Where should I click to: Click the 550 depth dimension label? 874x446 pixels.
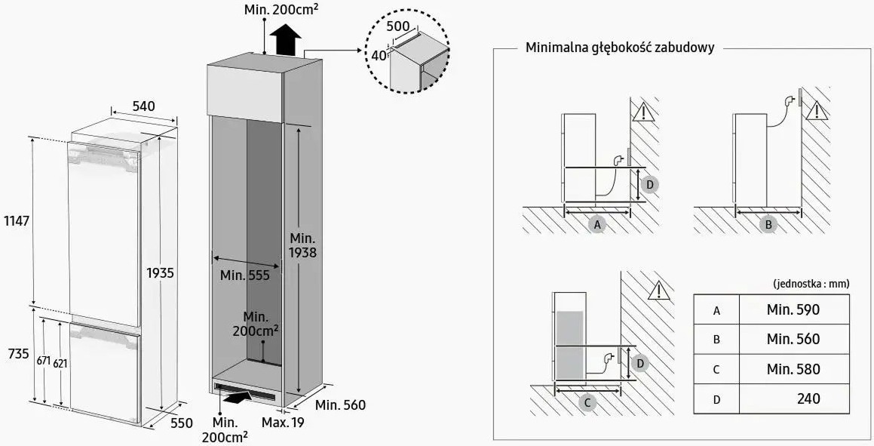point(181,423)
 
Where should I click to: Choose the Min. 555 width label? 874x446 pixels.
point(245,275)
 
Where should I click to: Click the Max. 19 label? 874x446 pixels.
point(283,423)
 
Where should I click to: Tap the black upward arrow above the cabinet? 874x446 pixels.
point(285,39)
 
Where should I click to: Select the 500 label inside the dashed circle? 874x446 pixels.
point(397,26)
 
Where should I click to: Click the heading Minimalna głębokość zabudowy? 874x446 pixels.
point(619,48)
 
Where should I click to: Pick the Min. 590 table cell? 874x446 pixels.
point(793,309)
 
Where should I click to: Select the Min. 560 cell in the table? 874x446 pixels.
point(793,339)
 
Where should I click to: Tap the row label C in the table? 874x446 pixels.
point(716,369)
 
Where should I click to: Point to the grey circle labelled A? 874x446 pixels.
point(597,224)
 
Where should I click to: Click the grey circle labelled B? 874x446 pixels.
point(768,224)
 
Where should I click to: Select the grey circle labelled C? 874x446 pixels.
point(587,402)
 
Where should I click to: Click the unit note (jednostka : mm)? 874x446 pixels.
point(811,284)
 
